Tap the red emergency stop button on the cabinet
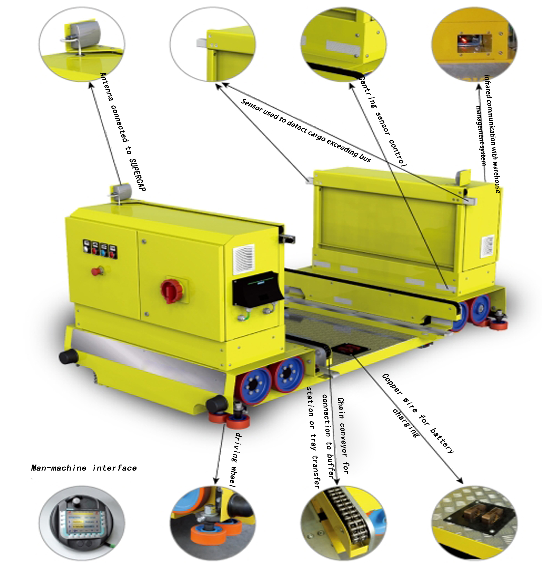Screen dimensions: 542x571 (x=95, y=271)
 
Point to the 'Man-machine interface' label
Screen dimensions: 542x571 (x=84, y=468)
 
